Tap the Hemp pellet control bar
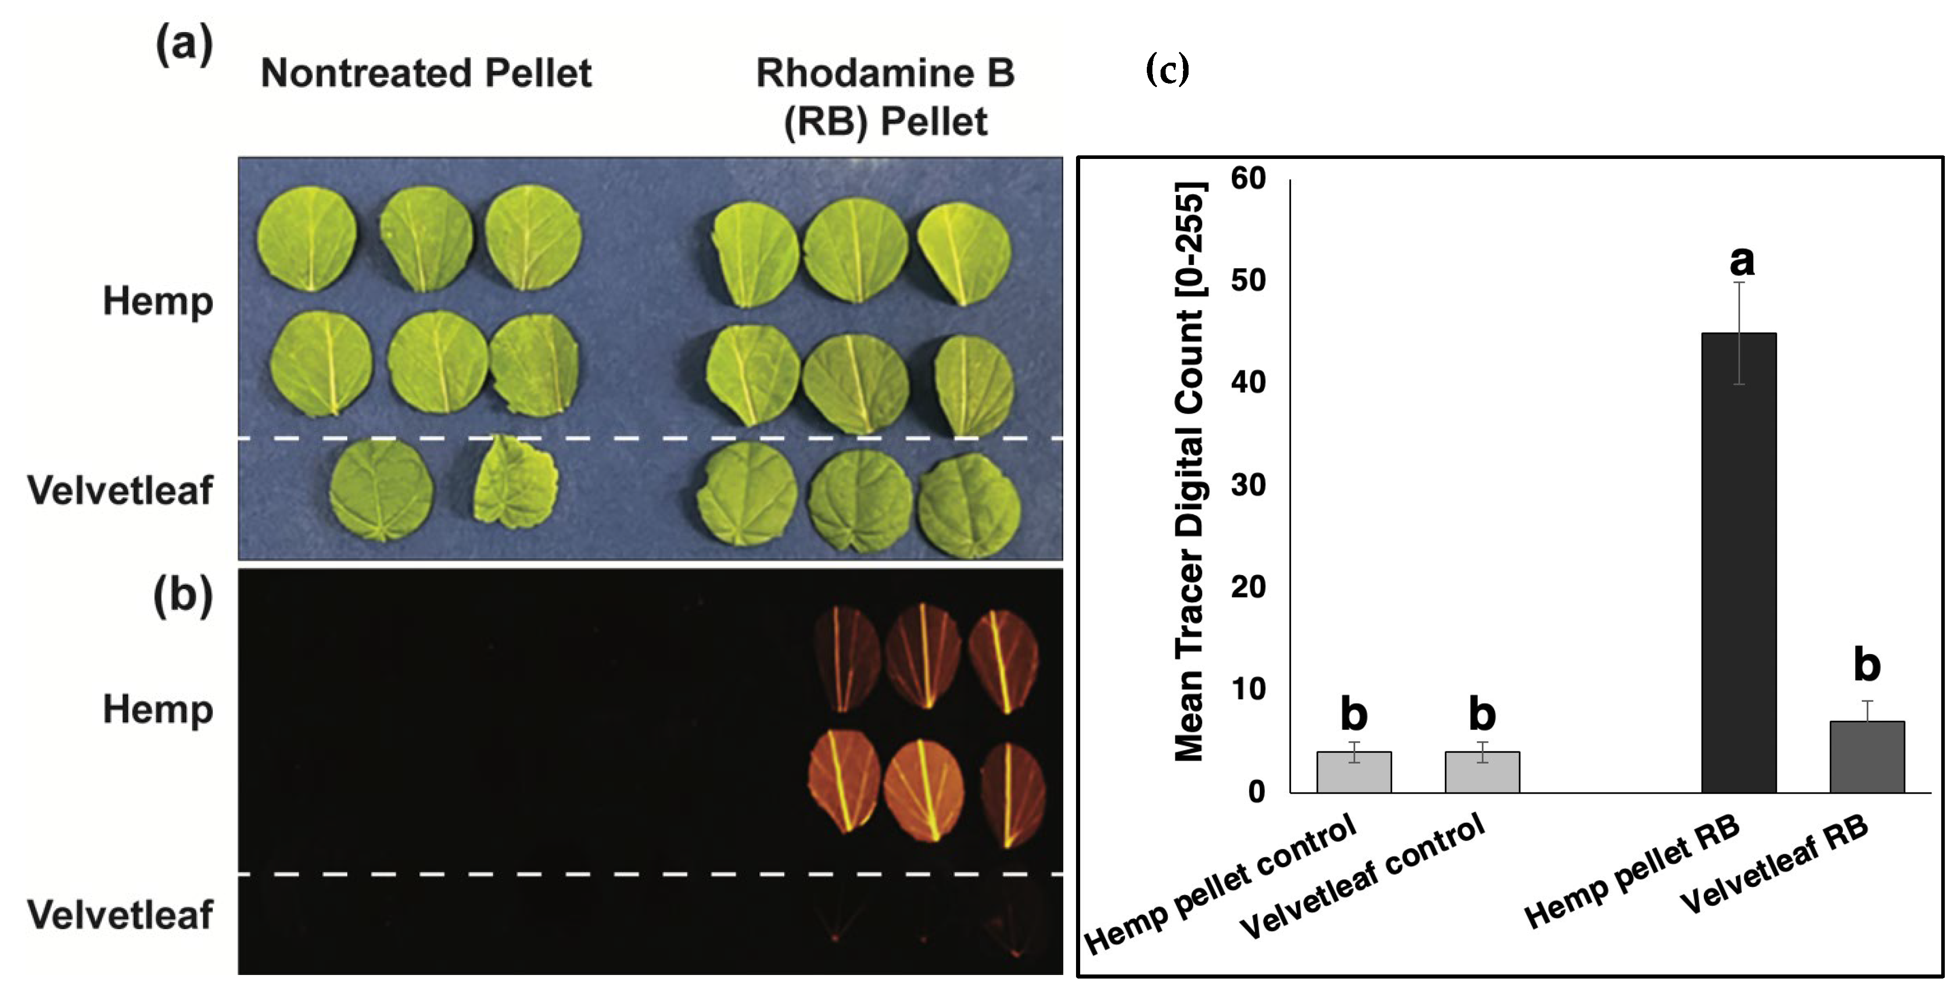[1354, 772]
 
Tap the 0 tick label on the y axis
[1257, 792]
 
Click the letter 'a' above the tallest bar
[1742, 261]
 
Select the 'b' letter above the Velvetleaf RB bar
[1867, 665]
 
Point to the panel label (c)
[1167, 70]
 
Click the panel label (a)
[184, 44]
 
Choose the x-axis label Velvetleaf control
[1363, 877]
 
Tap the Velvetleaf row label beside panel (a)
[120, 490]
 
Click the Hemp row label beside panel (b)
[157, 710]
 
